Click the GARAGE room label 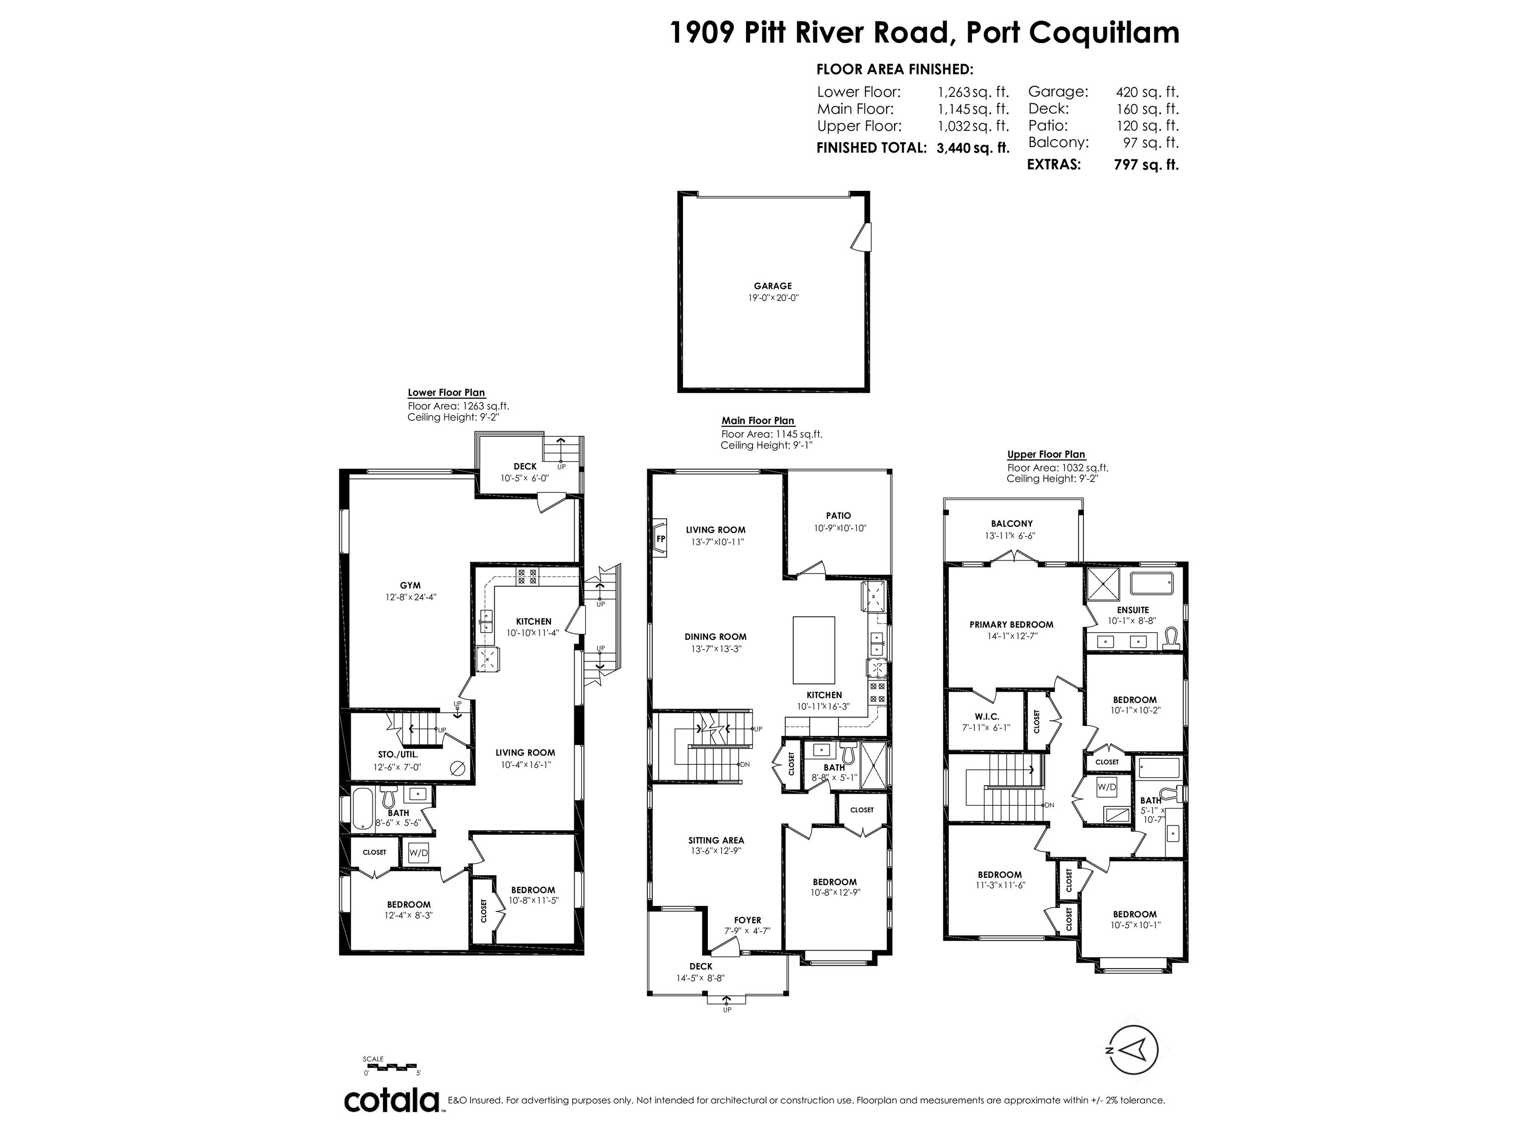(772, 286)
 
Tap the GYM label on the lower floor (410, 585)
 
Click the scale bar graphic (390, 1066)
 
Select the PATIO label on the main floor (838, 515)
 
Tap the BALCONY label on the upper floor (1011, 524)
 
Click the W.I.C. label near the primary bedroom (987, 717)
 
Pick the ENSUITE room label (1133, 610)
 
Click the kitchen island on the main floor (814, 649)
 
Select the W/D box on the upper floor (1107, 787)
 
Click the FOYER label (747, 920)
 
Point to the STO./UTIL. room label (398, 754)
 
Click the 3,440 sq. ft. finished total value (973, 148)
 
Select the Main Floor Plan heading (758, 420)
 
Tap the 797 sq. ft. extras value (1146, 165)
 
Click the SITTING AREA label (716, 840)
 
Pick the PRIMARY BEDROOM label (1011, 625)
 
